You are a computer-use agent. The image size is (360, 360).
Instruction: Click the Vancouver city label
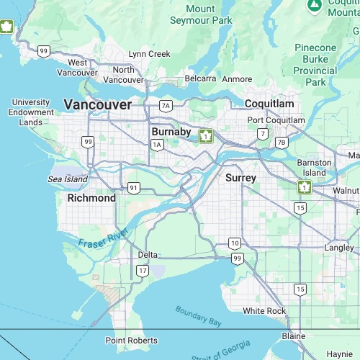click(x=98, y=105)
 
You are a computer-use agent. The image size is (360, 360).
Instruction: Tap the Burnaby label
click(x=171, y=132)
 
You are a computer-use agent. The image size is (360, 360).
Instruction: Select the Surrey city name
click(x=240, y=177)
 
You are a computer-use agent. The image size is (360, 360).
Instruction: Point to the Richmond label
click(x=91, y=198)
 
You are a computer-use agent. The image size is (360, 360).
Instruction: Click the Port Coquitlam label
click(x=276, y=120)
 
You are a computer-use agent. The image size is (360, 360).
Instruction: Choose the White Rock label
click(x=264, y=311)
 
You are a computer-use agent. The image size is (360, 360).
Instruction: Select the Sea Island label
click(x=68, y=179)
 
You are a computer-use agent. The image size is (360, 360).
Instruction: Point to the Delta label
click(x=148, y=255)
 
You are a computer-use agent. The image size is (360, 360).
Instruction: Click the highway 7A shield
click(x=166, y=106)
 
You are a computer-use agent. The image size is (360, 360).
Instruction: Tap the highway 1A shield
click(x=157, y=145)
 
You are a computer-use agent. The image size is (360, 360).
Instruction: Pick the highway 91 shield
click(x=133, y=187)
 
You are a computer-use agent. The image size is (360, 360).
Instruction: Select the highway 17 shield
click(x=143, y=271)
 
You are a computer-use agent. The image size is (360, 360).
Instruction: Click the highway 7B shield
click(x=282, y=142)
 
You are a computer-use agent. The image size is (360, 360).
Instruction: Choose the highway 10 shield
click(x=235, y=243)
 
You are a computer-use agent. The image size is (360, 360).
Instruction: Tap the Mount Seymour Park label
click(x=201, y=14)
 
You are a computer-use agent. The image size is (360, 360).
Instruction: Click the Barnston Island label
click(x=314, y=168)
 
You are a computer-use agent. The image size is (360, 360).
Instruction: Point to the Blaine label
click(x=293, y=336)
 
